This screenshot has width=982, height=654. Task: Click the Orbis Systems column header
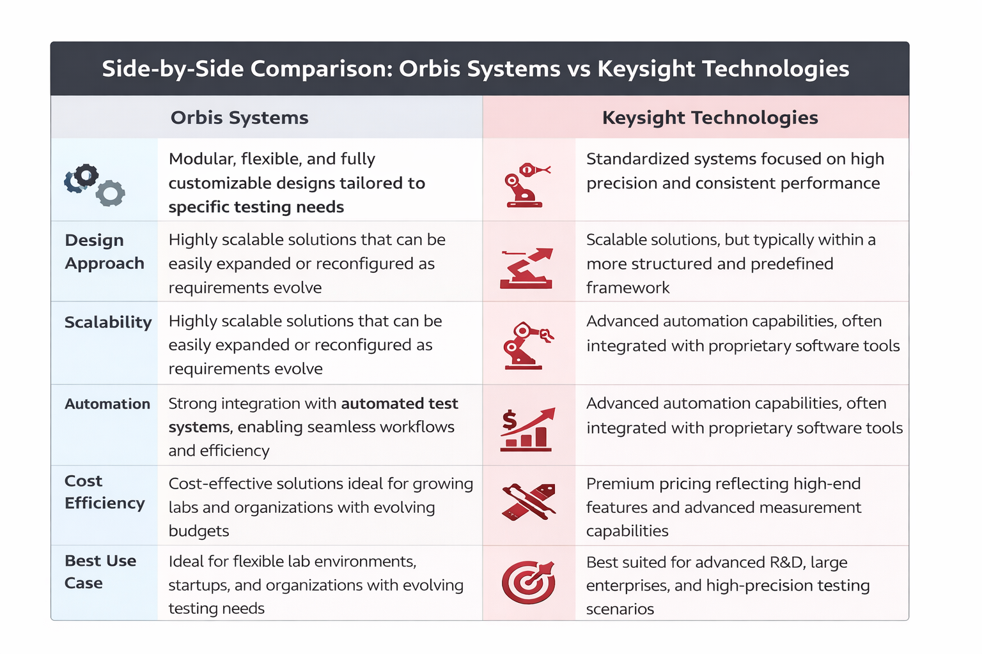coord(239,118)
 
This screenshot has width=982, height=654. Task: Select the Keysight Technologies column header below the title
coord(710,118)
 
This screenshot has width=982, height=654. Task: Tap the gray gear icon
coord(110,193)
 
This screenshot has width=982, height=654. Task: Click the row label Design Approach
coord(104,252)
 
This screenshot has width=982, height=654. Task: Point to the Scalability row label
coord(108,322)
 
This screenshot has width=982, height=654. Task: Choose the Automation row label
coord(107,404)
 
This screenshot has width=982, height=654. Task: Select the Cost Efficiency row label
coord(104,492)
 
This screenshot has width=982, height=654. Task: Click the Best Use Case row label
coord(100,572)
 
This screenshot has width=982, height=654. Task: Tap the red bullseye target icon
coord(528,582)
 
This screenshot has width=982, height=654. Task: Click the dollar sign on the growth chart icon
coord(509,420)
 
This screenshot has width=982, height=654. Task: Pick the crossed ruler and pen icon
coord(529,501)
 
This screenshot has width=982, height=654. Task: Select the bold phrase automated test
coord(400,403)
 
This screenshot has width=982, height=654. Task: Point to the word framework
coord(628,288)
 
